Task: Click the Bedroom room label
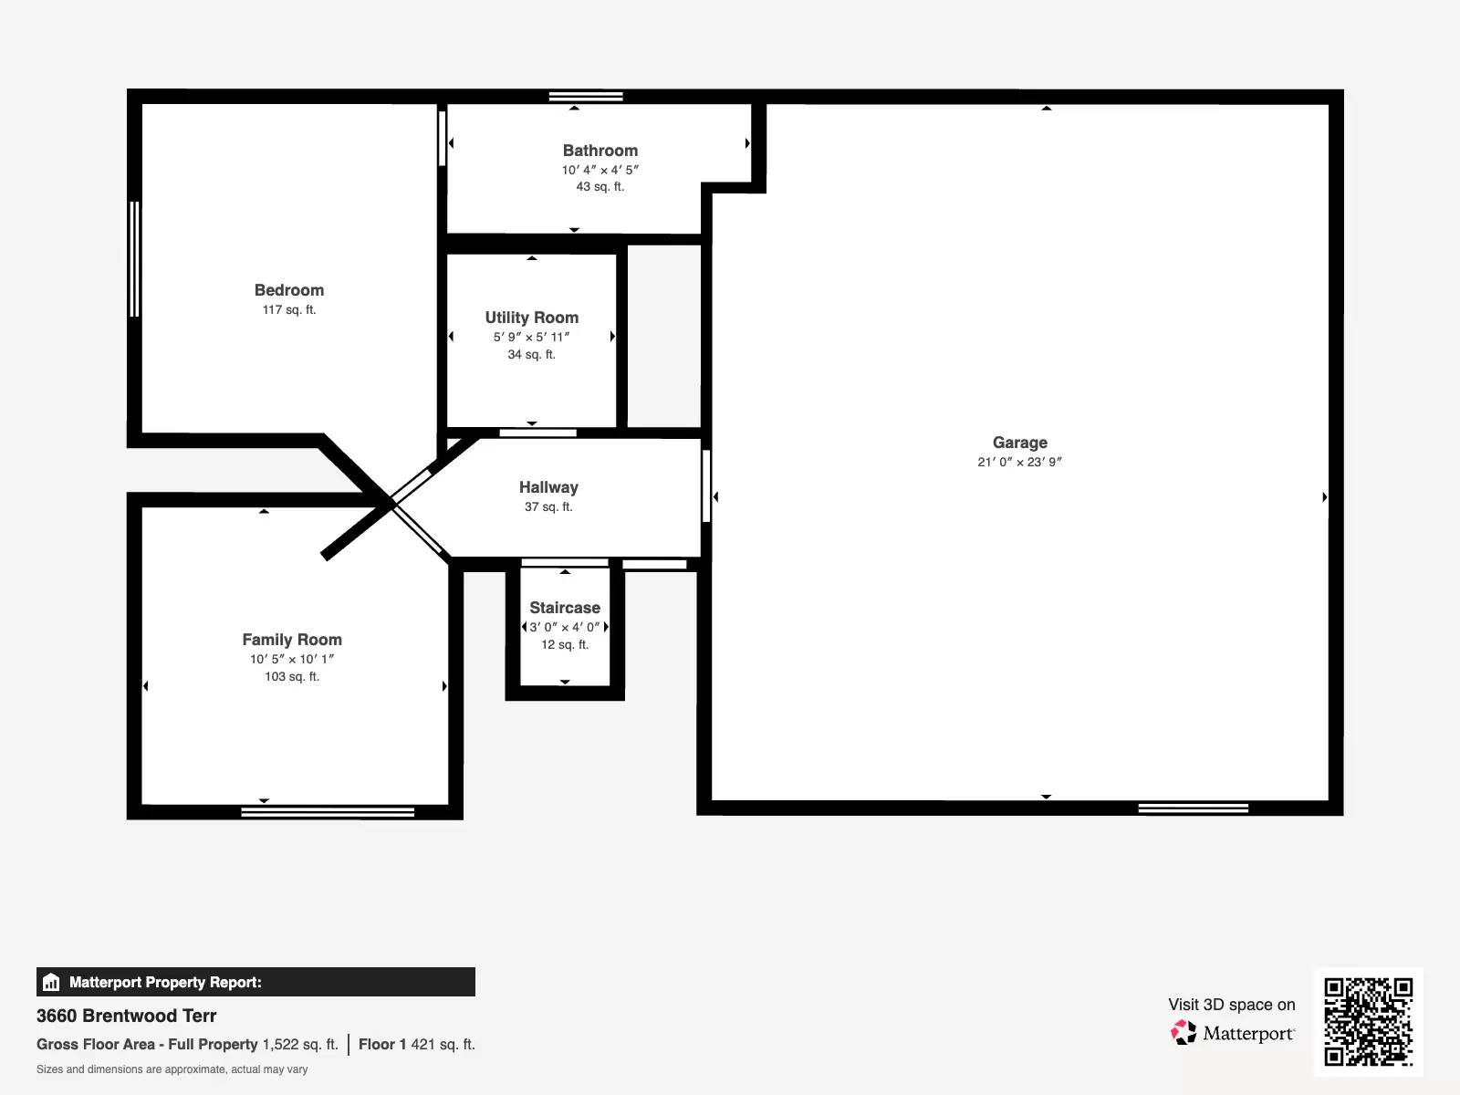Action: click(289, 290)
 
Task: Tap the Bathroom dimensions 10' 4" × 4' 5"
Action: click(600, 170)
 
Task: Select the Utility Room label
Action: click(531, 318)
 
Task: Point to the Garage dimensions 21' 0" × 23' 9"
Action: click(1019, 462)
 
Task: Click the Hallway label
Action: click(548, 487)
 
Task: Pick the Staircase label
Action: click(565, 608)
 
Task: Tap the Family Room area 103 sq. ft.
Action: click(292, 676)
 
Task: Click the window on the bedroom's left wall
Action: click(135, 259)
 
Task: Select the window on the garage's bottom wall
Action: click(1193, 808)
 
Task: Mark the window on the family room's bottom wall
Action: click(328, 811)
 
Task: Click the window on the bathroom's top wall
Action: click(586, 96)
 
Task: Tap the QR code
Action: click(1368, 1021)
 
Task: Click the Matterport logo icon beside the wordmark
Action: click(1184, 1033)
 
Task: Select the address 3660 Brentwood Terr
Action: click(127, 1016)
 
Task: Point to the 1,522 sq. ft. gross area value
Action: click(300, 1044)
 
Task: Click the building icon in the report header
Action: click(51, 982)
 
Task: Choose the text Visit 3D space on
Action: click(1231, 1005)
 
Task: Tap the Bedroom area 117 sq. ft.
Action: click(289, 309)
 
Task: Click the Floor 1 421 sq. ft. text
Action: click(417, 1044)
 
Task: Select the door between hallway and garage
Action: click(706, 486)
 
